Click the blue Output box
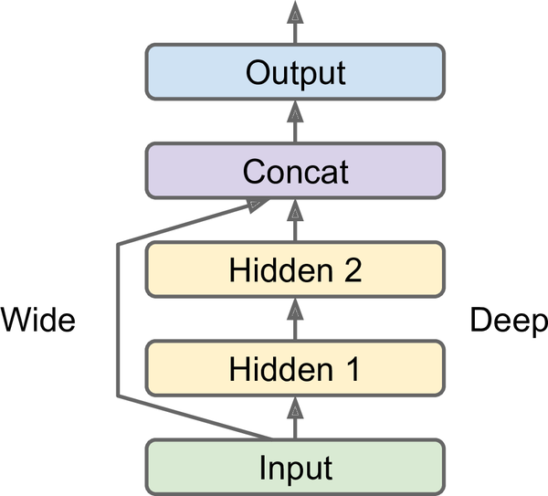click(294, 72)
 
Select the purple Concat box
click(294, 171)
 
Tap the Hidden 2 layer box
click(294, 269)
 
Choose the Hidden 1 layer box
click(294, 369)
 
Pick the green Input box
click(294, 468)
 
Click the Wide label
click(37, 321)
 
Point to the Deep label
click(508, 321)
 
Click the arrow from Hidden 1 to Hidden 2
click(294, 320)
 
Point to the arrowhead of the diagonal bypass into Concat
click(258, 206)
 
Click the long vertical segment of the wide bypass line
click(118, 320)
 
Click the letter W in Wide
click(16, 321)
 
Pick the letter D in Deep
click(480, 321)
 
